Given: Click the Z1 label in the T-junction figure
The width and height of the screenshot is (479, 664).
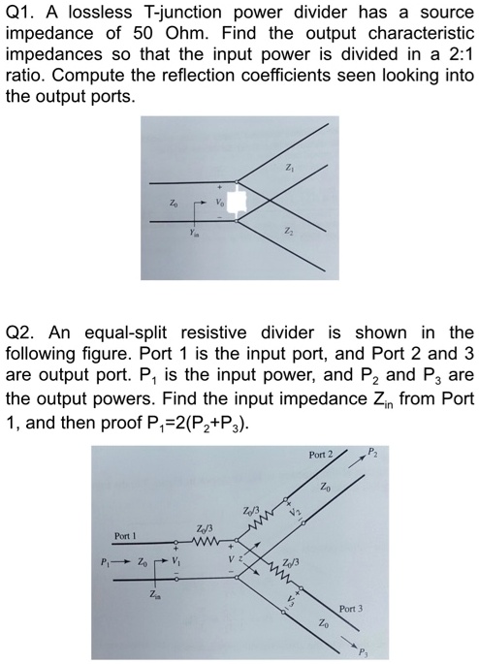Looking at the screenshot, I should pyautogui.click(x=290, y=168).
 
